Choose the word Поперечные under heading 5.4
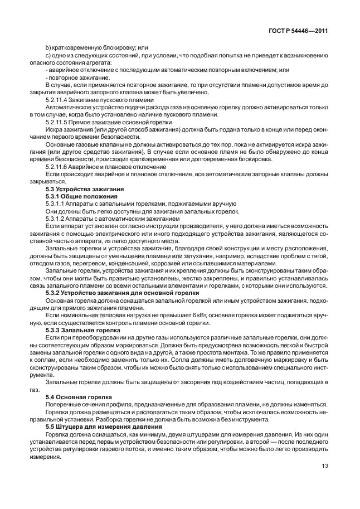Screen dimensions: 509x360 62,403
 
